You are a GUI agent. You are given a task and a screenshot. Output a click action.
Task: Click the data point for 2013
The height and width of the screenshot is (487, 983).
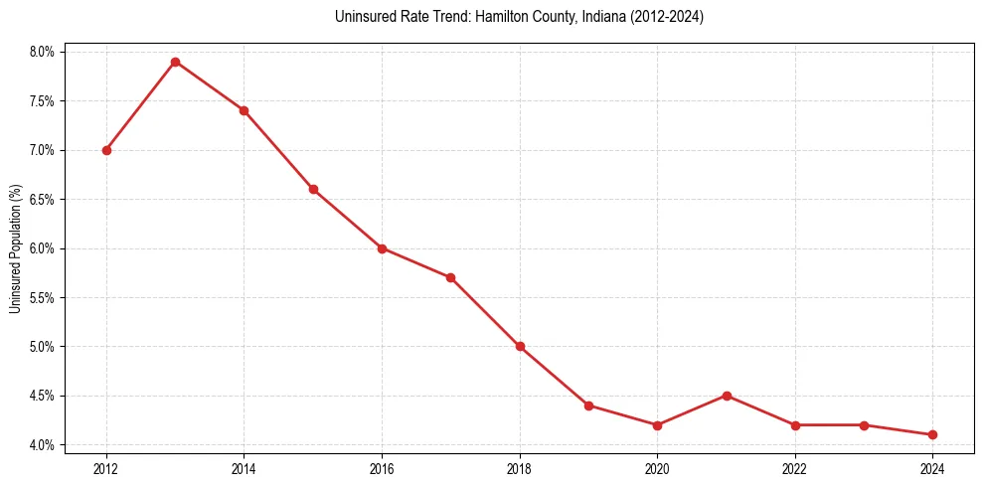pyautogui.click(x=175, y=62)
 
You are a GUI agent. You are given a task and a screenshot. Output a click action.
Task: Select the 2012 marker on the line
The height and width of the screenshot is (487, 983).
pyautogui.click(x=106, y=150)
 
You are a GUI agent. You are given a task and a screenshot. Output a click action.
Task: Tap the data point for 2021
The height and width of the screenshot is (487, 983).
pyautogui.click(x=727, y=396)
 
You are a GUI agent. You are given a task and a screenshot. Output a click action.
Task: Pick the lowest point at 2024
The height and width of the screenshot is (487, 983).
pyautogui.click(x=932, y=434)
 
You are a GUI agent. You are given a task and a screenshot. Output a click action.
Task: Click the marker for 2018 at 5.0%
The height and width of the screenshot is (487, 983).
pyautogui.click(x=520, y=347)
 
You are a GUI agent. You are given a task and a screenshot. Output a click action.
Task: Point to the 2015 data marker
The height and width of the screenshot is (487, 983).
pyautogui.click(x=313, y=189)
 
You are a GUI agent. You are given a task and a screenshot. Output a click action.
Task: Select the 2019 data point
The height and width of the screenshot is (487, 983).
pyautogui.click(x=588, y=406)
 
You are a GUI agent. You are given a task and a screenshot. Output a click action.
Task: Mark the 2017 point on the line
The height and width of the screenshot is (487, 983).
pyautogui.click(x=450, y=277)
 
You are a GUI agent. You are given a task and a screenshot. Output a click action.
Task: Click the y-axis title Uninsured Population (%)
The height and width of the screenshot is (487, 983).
pyautogui.click(x=15, y=248)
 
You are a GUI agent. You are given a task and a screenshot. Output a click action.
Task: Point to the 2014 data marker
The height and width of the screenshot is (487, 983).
pyautogui.click(x=244, y=110)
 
